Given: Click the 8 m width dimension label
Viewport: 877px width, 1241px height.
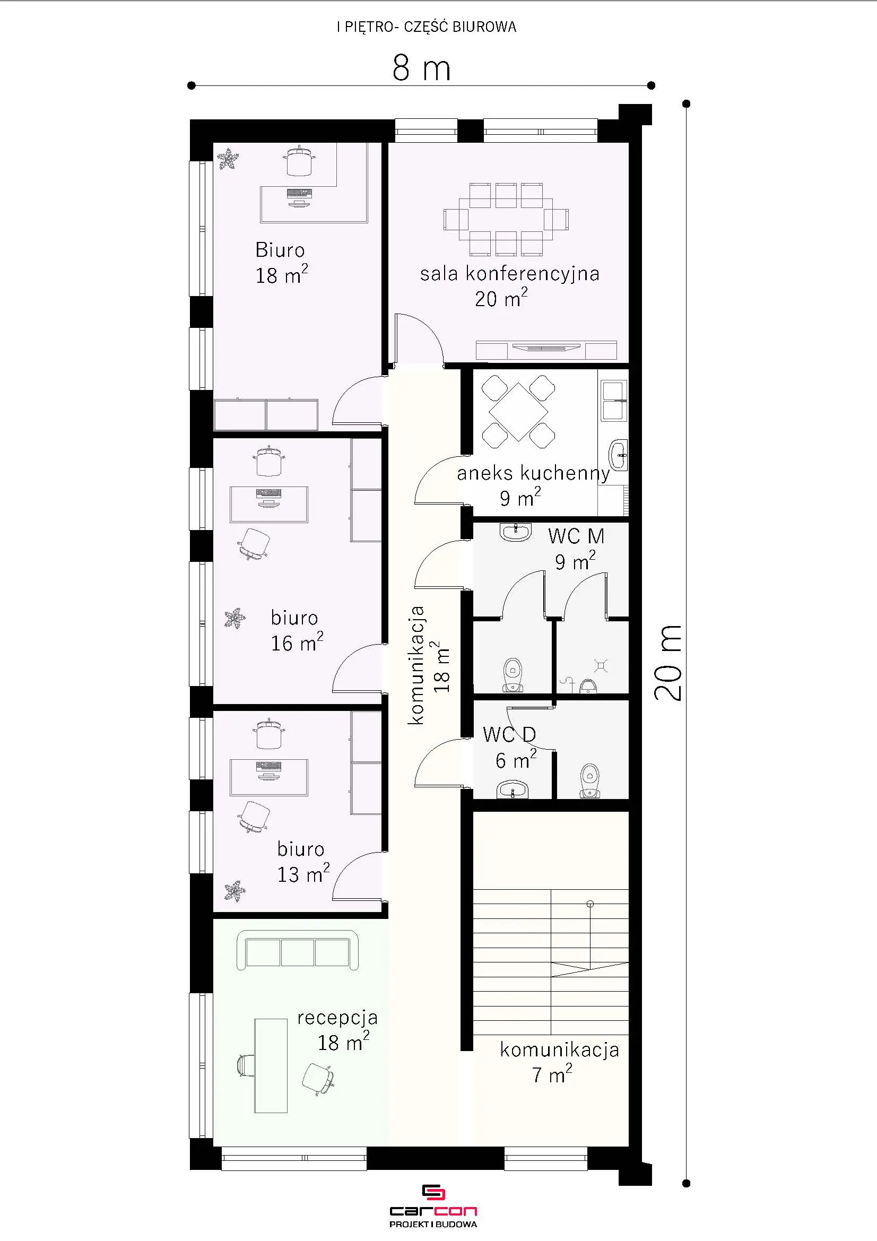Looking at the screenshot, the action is tap(421, 68).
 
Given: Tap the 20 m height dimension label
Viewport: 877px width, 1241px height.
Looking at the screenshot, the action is tap(668, 663).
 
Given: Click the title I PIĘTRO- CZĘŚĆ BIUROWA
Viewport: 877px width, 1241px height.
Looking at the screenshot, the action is tap(427, 27).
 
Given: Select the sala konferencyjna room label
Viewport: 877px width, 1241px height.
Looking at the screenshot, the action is tap(509, 273).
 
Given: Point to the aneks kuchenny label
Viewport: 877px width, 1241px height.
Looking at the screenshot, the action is tap(533, 473).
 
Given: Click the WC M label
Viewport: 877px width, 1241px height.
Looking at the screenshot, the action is tap(576, 536).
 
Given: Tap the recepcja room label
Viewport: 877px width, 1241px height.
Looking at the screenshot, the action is tap(337, 1018).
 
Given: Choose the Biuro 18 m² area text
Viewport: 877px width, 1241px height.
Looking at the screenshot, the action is tap(282, 275).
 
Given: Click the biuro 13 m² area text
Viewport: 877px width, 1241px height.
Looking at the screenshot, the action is tap(303, 874).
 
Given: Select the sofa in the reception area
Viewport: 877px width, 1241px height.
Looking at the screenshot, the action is tap(298, 951).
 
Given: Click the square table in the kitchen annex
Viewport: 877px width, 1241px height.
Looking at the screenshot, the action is tap(518, 412).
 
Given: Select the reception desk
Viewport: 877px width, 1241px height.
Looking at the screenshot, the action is tap(271, 1065).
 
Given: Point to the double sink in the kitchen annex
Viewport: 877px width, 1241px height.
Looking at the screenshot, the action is tap(614, 400).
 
